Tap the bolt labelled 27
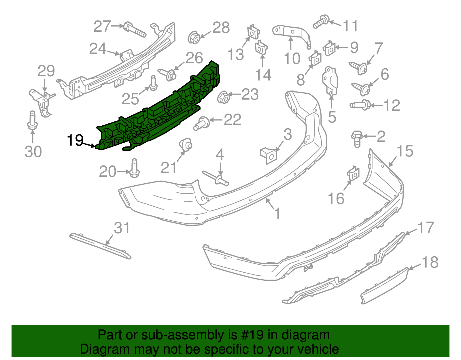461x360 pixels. pyautogui.click(x=135, y=29)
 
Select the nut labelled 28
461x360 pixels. pyautogui.click(x=194, y=37)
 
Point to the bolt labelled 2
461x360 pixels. pyautogui.click(x=357, y=139)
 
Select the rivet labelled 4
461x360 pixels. pyautogui.click(x=216, y=179)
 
